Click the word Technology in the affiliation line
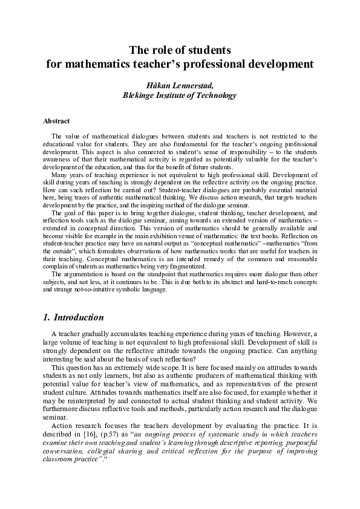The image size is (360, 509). [215, 96]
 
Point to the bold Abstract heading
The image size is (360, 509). [56, 122]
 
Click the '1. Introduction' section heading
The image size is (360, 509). [73, 317]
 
